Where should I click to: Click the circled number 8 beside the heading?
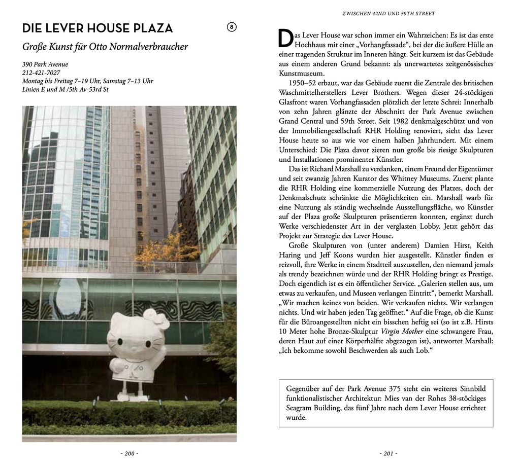232,27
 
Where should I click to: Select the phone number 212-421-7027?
41,73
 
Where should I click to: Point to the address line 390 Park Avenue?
45,64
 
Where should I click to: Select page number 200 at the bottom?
129,453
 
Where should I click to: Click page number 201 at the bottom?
388,453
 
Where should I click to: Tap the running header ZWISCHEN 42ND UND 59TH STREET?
388,14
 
